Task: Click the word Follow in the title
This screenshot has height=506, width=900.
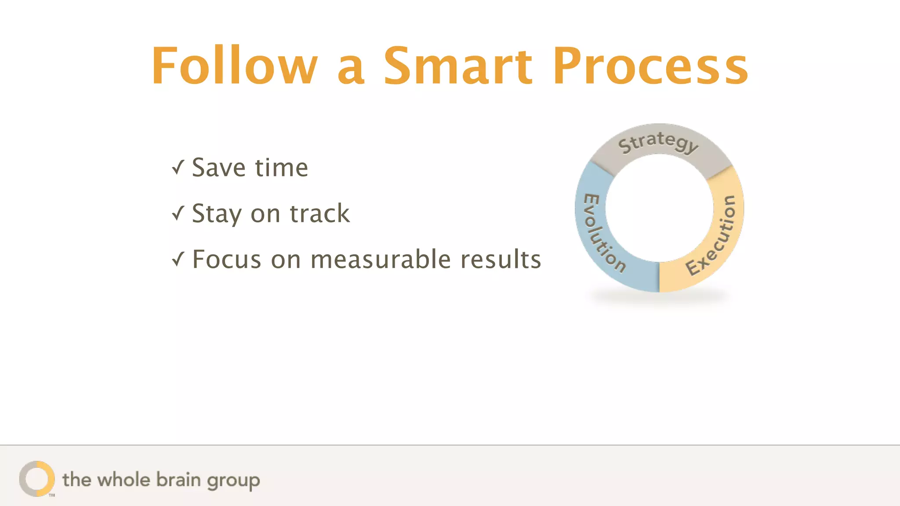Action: pyautogui.click(x=234, y=66)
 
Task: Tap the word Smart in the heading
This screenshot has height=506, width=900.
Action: pyautogui.click(x=458, y=66)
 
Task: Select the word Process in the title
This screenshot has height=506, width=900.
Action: pyautogui.click(x=650, y=66)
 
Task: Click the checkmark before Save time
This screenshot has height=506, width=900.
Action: pyautogui.click(x=178, y=167)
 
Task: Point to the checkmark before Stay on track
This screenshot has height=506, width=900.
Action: pyautogui.click(x=178, y=213)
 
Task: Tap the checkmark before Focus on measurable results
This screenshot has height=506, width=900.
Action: pyautogui.click(x=178, y=259)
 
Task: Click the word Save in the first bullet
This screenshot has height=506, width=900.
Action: pyautogui.click(x=218, y=168)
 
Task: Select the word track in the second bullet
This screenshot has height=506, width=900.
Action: pyautogui.click(x=319, y=214)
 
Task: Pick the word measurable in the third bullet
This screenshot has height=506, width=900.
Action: pyautogui.click(x=381, y=259)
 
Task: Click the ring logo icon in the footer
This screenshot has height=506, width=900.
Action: pyautogui.click(x=37, y=479)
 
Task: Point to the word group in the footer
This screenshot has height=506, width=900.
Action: pyautogui.click(x=233, y=481)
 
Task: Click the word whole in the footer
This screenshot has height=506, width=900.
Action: pyautogui.click(x=124, y=480)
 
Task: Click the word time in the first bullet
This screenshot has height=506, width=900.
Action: pyautogui.click(x=281, y=168)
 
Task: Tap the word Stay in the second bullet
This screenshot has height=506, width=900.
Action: pyautogui.click(x=217, y=214)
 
